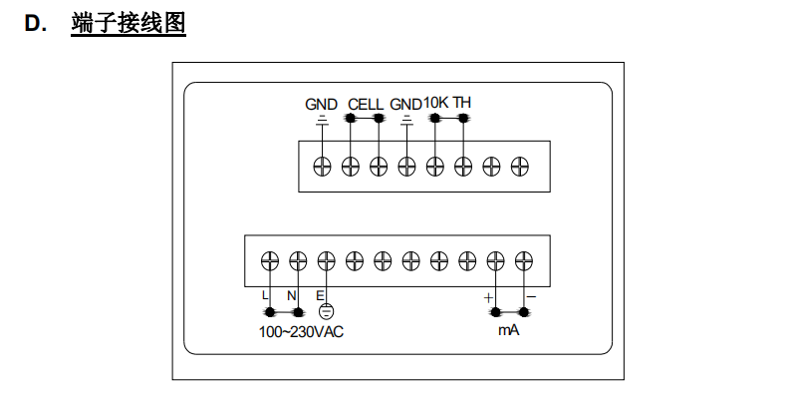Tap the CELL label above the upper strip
[366, 104]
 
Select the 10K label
[436, 103]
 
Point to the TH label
[462, 103]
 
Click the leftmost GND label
[321, 104]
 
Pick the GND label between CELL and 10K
[405, 104]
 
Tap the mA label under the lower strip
[508, 329]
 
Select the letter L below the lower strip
[265, 296]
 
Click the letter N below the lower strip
[292, 296]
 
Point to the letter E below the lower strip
[320, 296]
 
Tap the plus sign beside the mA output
[488, 297]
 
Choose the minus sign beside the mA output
[531, 297]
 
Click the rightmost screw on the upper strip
[519, 165]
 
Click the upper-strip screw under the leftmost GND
[322, 165]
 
